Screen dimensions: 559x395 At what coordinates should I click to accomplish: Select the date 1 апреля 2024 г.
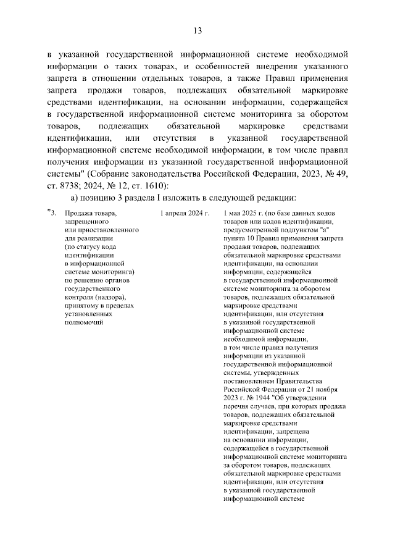click(183, 214)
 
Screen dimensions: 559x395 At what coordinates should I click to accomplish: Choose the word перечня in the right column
click(237, 406)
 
